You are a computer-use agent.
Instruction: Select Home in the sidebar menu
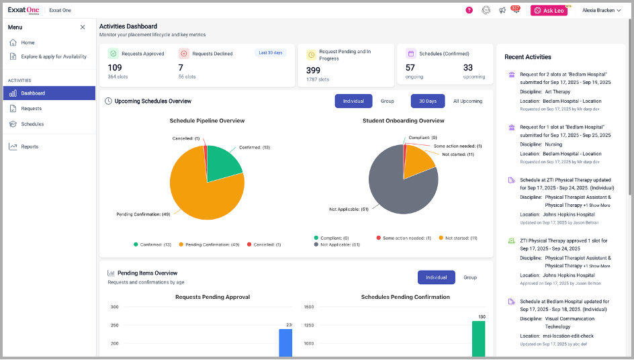click(28, 42)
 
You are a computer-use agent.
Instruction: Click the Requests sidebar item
click(31, 108)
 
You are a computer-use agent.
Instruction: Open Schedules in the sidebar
click(32, 124)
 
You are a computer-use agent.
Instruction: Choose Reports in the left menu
click(30, 146)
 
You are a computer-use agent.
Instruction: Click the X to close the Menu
click(83, 28)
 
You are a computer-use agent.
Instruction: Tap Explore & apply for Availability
click(53, 56)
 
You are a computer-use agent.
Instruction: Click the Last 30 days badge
click(271, 52)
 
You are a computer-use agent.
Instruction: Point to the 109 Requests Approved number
click(115, 68)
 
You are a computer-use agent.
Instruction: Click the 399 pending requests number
click(313, 70)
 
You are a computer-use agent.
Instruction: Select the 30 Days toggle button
click(427, 101)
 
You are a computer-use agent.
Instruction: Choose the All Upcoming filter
click(467, 101)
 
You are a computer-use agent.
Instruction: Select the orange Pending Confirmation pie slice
click(201, 195)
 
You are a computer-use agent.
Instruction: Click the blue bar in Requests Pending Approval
click(285, 343)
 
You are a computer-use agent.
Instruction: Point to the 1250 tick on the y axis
click(309, 325)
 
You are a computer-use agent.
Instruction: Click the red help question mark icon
click(469, 10)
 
